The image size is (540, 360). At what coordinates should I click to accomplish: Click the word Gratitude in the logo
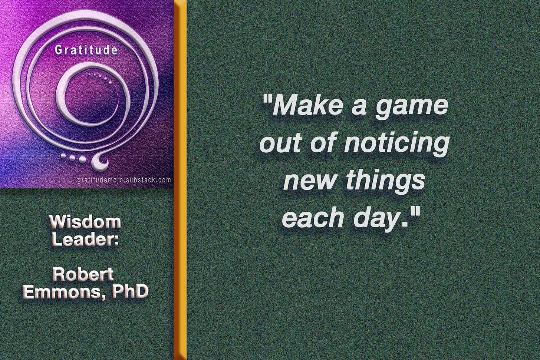[x=86, y=50]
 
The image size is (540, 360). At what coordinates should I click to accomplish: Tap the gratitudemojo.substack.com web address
[x=124, y=180]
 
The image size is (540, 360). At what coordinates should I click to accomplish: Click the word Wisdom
[x=85, y=222]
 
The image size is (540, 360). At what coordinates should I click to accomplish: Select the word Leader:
[x=85, y=239]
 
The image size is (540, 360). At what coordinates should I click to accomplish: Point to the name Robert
[x=83, y=274]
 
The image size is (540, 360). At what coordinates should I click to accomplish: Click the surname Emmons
[x=62, y=291]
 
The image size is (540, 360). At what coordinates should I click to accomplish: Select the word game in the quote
[x=412, y=106]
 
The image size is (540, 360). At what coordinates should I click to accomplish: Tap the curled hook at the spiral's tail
[x=100, y=162]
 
